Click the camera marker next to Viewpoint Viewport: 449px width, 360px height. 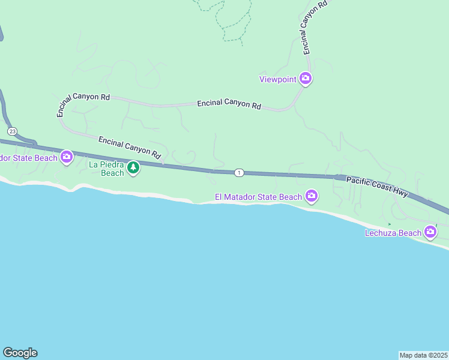[x=306, y=79]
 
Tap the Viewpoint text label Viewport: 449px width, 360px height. [x=278, y=79]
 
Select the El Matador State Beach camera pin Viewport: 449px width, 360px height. [x=311, y=196]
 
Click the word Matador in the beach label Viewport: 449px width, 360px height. [x=253, y=197]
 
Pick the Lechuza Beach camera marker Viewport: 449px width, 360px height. [x=430, y=232]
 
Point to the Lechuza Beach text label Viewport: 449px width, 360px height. [x=393, y=233]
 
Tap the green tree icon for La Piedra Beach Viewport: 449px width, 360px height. [x=133, y=167]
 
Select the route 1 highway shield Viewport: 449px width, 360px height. [x=239, y=173]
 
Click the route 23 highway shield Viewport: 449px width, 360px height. [x=12, y=131]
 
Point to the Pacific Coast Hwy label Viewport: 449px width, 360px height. [x=377, y=186]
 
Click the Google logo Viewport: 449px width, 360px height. [x=20, y=353]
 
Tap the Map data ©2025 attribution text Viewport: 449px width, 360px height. [x=423, y=355]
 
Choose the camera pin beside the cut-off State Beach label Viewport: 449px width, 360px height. [x=66, y=157]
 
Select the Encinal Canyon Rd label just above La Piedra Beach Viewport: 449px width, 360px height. [x=130, y=147]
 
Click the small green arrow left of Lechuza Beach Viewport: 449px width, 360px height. [x=389, y=224]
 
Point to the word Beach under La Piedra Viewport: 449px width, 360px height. [x=112, y=173]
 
